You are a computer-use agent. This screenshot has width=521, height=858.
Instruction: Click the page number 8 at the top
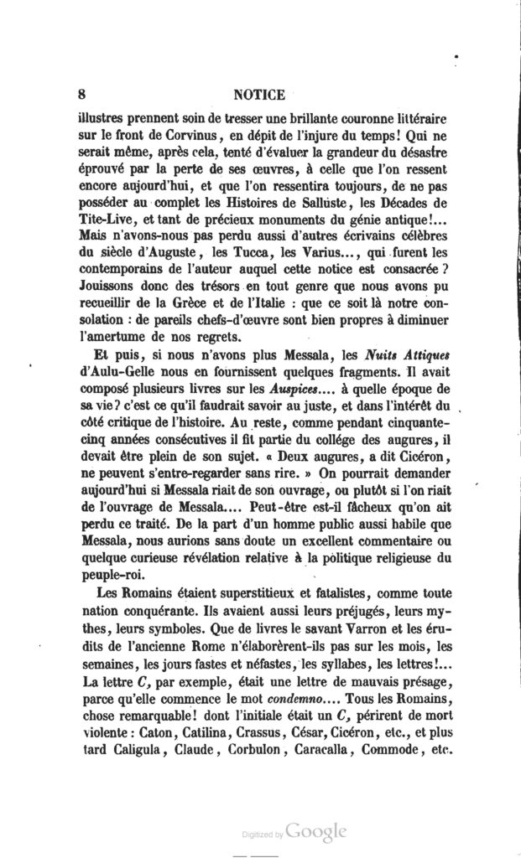click(x=80, y=94)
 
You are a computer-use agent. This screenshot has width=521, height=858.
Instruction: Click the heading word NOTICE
click(x=262, y=94)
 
